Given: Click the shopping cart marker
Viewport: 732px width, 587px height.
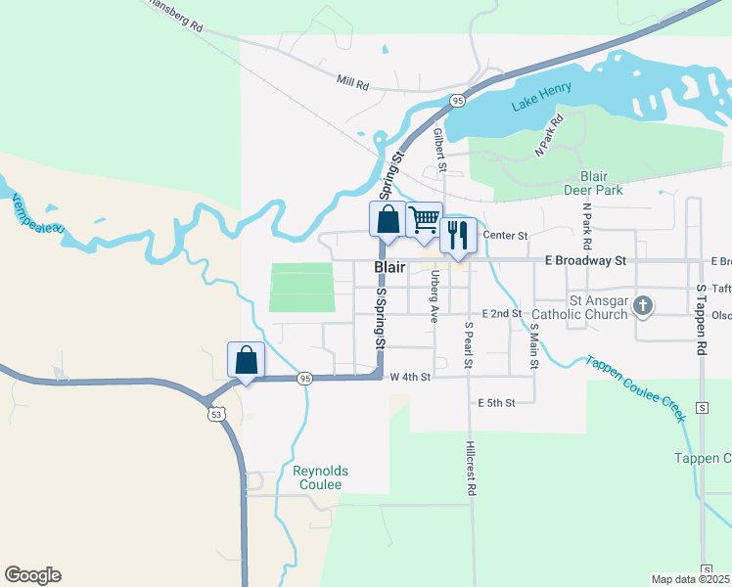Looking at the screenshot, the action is point(423,219).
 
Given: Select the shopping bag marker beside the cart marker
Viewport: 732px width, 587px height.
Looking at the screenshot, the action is point(388,219).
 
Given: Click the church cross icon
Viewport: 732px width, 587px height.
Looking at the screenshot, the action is point(642,307).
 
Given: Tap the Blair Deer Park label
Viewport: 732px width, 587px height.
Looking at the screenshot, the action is point(594,183).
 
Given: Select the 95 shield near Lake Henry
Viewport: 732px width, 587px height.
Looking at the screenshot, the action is point(457,100).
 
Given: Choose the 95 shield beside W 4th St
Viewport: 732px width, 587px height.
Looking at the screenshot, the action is point(305,378).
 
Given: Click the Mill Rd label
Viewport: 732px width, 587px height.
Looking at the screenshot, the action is point(351,84).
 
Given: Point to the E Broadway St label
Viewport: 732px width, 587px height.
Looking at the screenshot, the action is point(585,261).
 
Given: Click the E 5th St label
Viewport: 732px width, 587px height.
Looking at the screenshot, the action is point(496,403).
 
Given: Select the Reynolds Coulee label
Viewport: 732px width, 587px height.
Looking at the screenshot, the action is point(318,477).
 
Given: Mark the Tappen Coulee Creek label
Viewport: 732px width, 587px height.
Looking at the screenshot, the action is point(635,387).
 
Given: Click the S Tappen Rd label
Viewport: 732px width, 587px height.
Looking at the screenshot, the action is point(701,319).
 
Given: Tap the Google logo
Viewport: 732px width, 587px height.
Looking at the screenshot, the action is point(32,575).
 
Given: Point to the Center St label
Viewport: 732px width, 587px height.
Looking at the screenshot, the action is point(506,236).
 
